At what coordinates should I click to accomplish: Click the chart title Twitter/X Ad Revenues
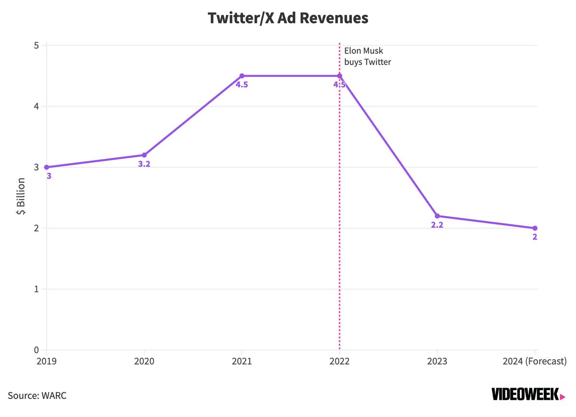[288, 18]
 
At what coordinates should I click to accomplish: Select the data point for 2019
[47, 167]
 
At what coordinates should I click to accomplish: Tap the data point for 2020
[144, 155]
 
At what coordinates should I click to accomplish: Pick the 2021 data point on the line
[242, 76]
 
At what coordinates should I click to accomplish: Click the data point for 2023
[437, 216]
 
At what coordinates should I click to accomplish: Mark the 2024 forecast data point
[535, 228]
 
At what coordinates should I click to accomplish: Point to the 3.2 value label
[144, 164]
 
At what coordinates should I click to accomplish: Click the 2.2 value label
[437, 225]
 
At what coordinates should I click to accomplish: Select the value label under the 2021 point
[242, 85]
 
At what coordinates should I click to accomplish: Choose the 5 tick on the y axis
[36, 46]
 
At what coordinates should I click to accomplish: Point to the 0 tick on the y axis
[36, 350]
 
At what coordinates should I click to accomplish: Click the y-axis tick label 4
[36, 107]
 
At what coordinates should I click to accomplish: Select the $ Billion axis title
[21, 198]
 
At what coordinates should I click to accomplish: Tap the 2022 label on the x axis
[339, 361]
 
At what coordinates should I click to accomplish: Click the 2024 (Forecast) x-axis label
[535, 361]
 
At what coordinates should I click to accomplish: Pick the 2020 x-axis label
[144, 361]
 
